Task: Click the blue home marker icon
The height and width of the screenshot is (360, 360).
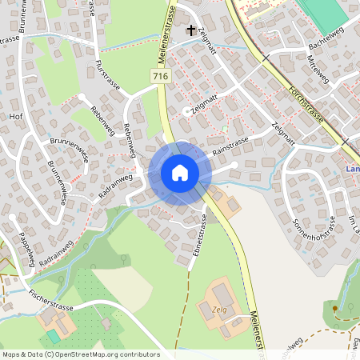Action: coord(179,173)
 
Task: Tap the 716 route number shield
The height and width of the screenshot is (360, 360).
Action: coord(160,75)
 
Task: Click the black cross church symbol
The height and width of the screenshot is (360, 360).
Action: coord(190,31)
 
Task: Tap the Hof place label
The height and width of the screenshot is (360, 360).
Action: coord(14,115)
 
